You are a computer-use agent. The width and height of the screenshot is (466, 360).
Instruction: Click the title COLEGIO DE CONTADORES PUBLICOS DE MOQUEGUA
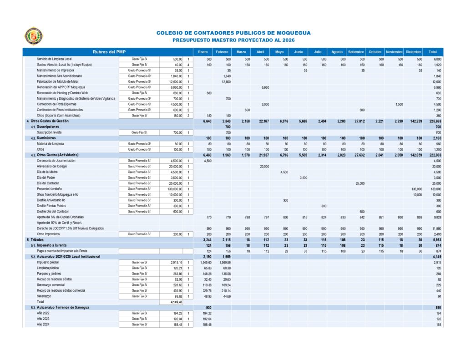tap(233, 33)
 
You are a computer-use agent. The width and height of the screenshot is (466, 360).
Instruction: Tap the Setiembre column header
tap(356, 51)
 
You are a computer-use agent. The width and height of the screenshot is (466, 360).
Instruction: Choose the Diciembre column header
tap(413, 51)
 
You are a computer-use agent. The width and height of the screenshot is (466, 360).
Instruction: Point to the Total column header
tap(432, 51)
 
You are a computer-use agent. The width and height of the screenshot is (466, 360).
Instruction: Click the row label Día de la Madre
tap(48, 172)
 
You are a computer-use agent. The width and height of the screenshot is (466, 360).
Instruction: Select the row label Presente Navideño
tap(50, 189)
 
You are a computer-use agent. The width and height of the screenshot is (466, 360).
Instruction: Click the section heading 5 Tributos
tap(35, 239)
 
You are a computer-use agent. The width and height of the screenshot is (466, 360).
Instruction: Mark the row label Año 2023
tap(44, 319)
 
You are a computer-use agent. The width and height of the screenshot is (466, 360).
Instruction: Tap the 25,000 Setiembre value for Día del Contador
tap(359, 183)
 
